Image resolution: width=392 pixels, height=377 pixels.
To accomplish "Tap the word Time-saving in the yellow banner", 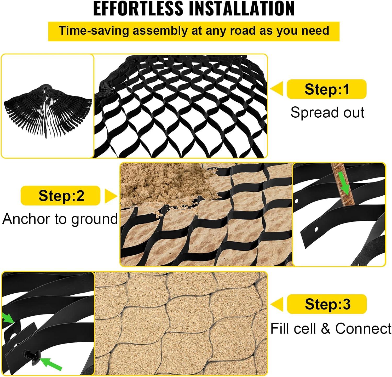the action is click(x=94, y=31).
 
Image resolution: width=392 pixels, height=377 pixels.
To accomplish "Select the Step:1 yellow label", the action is click(x=327, y=89).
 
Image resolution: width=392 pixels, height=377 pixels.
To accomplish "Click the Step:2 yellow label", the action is click(x=61, y=196).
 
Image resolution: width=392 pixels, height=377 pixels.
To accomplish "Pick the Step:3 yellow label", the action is click(x=327, y=304).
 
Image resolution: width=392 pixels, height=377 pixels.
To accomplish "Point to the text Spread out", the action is click(x=327, y=112).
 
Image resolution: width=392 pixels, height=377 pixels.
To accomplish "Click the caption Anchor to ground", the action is click(x=60, y=219).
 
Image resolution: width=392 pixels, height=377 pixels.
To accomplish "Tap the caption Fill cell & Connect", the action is click(x=331, y=328).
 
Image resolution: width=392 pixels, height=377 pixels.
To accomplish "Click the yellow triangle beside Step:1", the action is click(x=277, y=89).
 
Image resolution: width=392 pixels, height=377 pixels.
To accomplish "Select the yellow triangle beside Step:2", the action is click(x=111, y=196).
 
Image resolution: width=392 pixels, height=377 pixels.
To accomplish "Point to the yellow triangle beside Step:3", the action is click(x=277, y=304).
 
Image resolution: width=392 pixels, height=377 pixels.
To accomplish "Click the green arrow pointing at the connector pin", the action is click(x=51, y=364).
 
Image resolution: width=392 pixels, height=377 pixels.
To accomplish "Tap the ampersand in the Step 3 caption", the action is click(x=326, y=329).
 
